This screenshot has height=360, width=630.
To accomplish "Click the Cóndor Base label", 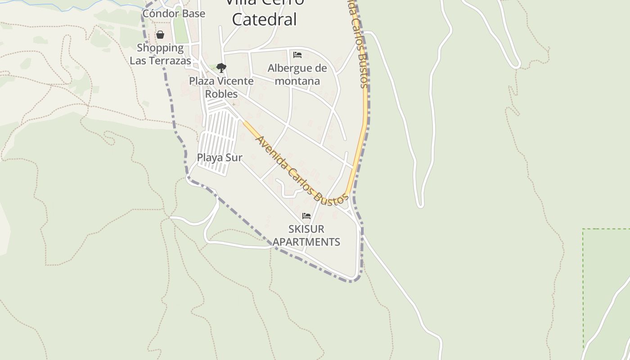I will click(x=174, y=13).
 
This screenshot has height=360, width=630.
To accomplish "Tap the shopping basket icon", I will click(x=160, y=35).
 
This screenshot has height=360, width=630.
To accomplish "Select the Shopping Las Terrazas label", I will click(x=160, y=54).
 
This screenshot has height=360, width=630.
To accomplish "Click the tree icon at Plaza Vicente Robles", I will click(x=221, y=68).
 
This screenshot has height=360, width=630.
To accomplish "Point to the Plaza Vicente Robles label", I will click(x=221, y=87).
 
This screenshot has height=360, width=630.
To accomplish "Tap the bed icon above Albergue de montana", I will click(x=297, y=55).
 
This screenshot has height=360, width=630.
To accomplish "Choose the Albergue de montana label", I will click(x=297, y=74).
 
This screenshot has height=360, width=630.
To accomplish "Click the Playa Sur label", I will click(x=220, y=157).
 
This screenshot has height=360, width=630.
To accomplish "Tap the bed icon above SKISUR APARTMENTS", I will click(x=306, y=216).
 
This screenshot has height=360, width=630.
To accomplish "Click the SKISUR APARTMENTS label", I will click(x=306, y=235).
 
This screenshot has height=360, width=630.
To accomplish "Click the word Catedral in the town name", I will click(x=265, y=19).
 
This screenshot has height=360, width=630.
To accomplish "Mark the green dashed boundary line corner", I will click(x=583, y=229).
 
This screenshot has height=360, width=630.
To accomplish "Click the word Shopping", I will click(x=160, y=48).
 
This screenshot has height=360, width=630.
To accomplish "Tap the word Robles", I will click(x=221, y=94).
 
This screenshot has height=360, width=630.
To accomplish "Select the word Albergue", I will click(x=290, y=68).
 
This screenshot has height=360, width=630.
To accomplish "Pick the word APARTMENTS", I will click(x=306, y=242).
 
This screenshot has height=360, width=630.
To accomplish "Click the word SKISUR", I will click(x=306, y=229).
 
